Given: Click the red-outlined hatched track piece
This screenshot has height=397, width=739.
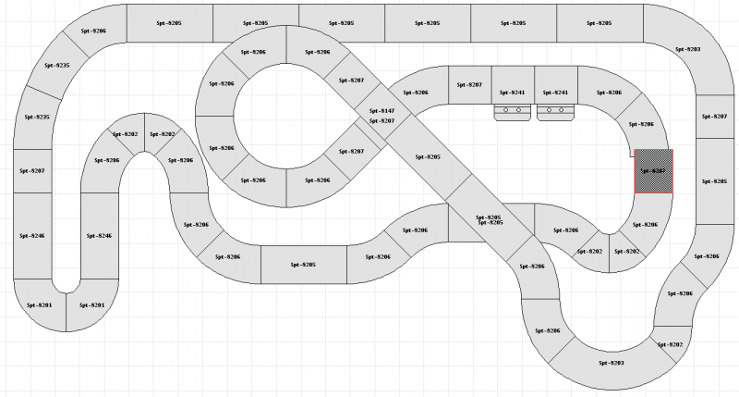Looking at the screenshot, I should tap(653, 172).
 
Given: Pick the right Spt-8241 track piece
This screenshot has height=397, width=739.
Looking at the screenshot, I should tap(554, 93).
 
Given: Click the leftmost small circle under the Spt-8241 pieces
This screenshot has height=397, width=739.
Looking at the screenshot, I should tap(504, 110).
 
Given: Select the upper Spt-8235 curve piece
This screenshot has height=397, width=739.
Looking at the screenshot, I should tap(57, 67).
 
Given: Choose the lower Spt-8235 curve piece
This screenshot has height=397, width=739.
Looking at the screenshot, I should tap(35, 118).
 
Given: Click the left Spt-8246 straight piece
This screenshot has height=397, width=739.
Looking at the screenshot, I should tap(34, 236).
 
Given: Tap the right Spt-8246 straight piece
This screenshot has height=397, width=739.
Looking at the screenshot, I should tap(99, 236).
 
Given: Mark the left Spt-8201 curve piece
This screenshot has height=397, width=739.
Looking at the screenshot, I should tap(40, 304).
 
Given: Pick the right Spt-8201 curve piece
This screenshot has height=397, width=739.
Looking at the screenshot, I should tap(91, 304).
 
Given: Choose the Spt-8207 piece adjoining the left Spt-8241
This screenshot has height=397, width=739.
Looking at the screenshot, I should tap(469, 85).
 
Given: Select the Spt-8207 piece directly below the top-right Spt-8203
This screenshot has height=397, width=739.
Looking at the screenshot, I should tap(714, 117).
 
